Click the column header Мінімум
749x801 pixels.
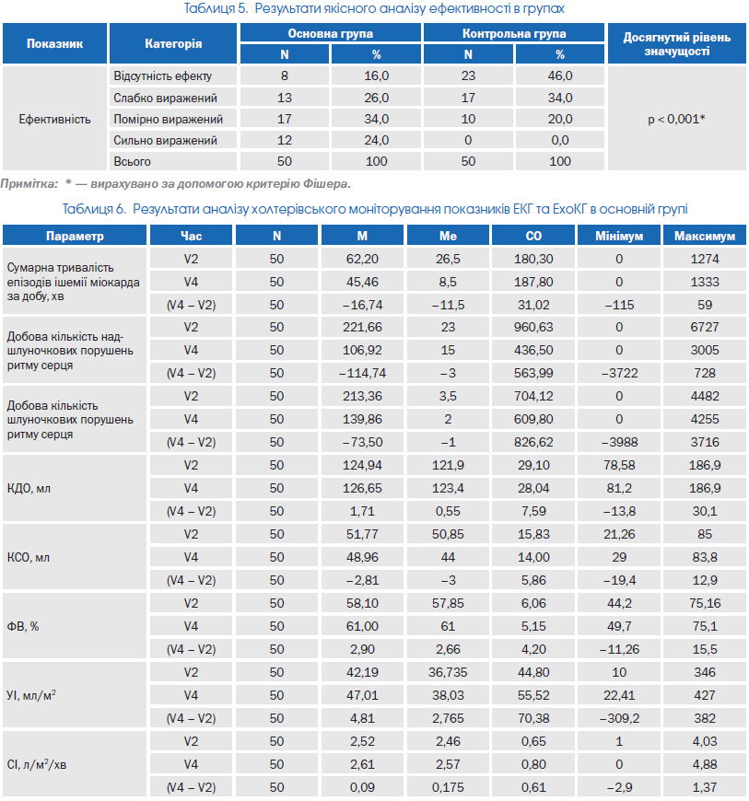tap(618, 236)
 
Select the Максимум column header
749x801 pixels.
tap(705, 236)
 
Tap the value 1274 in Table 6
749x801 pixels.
tap(705, 259)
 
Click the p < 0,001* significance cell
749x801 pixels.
tap(676, 119)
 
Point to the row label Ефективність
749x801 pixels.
tap(54, 119)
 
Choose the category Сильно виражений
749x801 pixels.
tap(165, 141)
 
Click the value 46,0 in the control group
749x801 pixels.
tap(560, 76)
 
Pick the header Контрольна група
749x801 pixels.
tap(514, 34)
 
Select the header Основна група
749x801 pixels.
tap(330, 34)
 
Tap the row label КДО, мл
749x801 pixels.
tap(29, 488)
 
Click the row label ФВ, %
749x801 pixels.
tap(22, 626)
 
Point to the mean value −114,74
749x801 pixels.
tap(362, 374)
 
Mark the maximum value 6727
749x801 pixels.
tap(705, 328)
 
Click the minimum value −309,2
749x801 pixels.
tap(618, 718)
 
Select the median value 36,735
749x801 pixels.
tap(448, 672)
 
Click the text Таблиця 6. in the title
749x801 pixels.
tap(94, 209)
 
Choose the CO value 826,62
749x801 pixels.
tap(533, 442)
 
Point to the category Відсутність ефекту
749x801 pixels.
tap(162, 76)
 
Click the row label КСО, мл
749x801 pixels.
tap(29, 557)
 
